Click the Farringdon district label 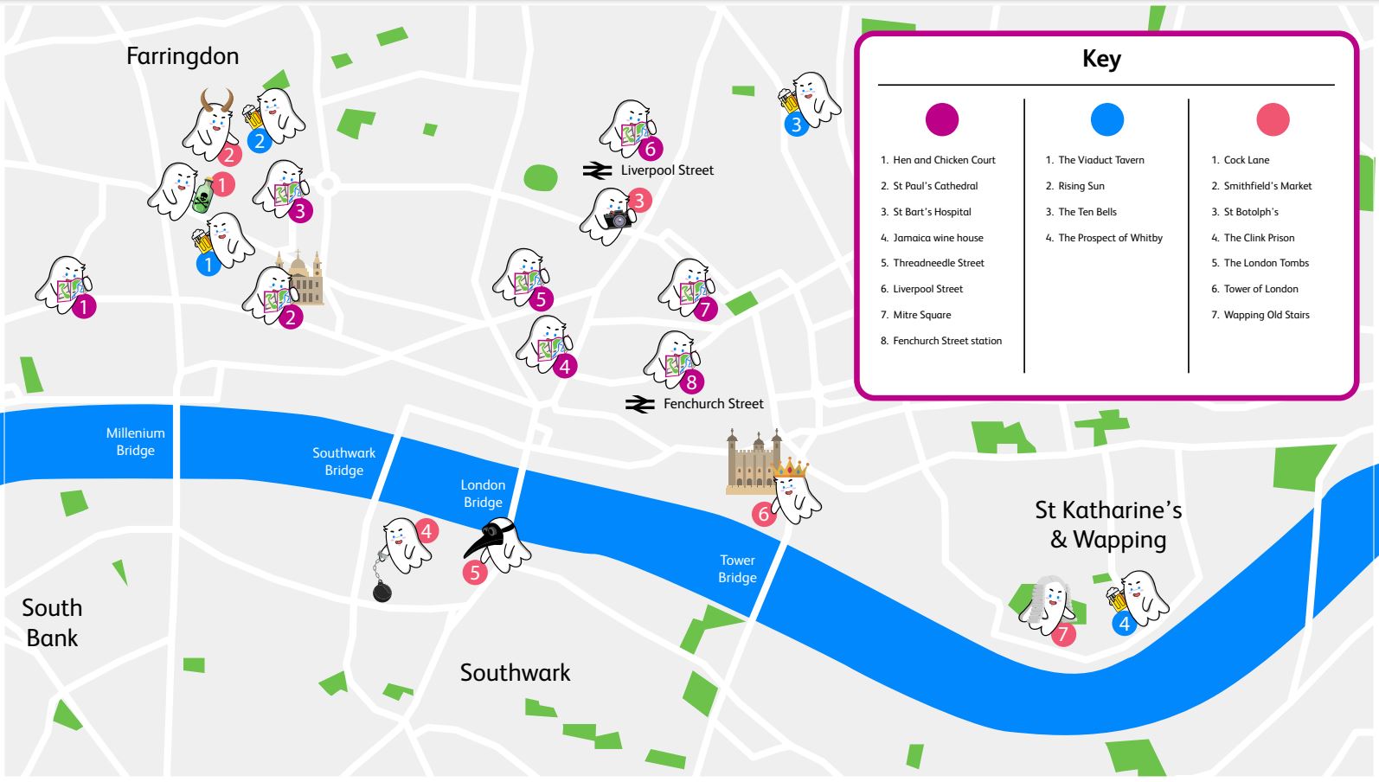coord(182,56)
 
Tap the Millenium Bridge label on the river coord(135,441)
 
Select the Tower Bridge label coord(737,568)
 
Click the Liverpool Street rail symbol coord(597,170)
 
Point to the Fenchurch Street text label coord(713,404)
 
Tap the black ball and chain coord(382,591)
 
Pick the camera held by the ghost coord(617,219)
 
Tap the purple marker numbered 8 coord(690,381)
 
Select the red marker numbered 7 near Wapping coord(1063,634)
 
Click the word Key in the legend coord(1101,59)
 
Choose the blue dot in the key coord(1106,119)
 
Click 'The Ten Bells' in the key coord(1087,212)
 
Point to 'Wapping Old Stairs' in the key coord(1266,315)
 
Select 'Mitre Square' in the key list coord(921,315)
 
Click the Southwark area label coord(515,672)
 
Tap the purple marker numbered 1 coord(84,306)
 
